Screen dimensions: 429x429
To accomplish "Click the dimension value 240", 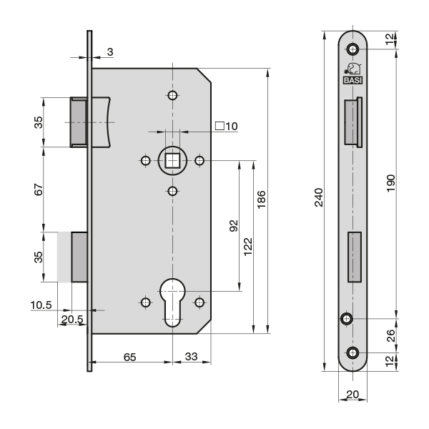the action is [x=319, y=197].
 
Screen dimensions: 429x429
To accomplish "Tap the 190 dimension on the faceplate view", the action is [x=391, y=183].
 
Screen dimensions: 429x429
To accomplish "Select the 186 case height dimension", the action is [x=261, y=199].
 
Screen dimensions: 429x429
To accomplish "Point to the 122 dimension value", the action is [x=248, y=247].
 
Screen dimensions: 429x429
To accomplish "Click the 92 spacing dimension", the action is [x=234, y=226].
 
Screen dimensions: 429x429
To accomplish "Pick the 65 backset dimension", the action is [x=129, y=357].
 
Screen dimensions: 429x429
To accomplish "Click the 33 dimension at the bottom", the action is [x=191, y=357].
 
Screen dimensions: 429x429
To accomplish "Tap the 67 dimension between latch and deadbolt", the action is [x=39, y=189].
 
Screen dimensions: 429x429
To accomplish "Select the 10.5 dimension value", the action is [x=41, y=305].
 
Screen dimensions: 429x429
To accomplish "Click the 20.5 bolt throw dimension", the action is [x=72, y=320].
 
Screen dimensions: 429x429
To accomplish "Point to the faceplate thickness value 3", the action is [x=110, y=51].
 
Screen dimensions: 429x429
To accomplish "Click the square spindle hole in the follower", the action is [x=172, y=160].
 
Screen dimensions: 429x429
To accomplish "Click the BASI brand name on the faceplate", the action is [x=352, y=80].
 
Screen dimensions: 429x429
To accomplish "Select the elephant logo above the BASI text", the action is [x=353, y=69].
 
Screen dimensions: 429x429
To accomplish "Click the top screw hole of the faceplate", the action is [x=352, y=49].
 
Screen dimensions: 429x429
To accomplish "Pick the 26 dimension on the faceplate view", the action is [x=391, y=335].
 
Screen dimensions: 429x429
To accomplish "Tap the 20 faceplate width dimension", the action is [x=352, y=394].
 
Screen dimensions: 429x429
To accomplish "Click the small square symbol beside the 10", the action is [x=220, y=126].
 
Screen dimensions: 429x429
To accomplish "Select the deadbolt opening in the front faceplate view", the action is [x=355, y=257].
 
